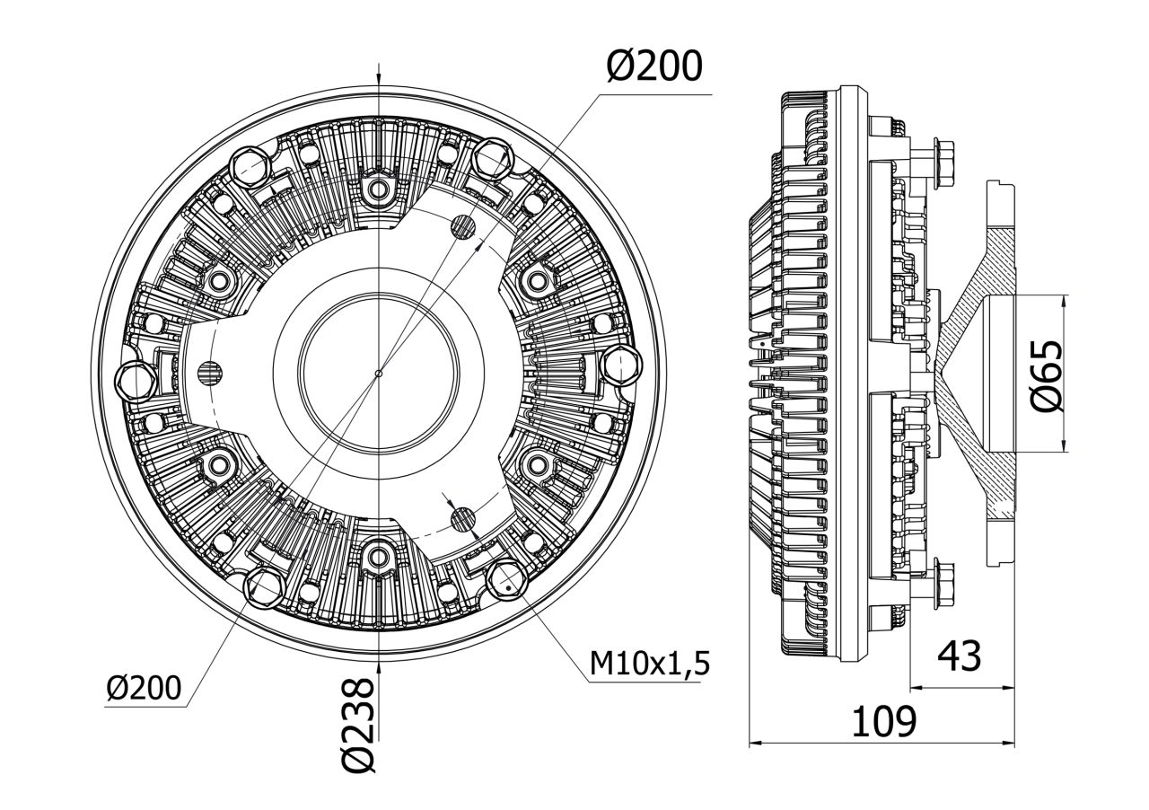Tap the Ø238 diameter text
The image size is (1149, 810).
(357, 726)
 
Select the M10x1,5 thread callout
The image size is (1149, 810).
(650, 664)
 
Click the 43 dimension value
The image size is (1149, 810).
(959, 656)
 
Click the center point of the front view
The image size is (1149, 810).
(380, 374)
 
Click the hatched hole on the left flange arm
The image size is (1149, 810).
(209, 370)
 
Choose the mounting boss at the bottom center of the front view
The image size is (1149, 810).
(378, 558)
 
